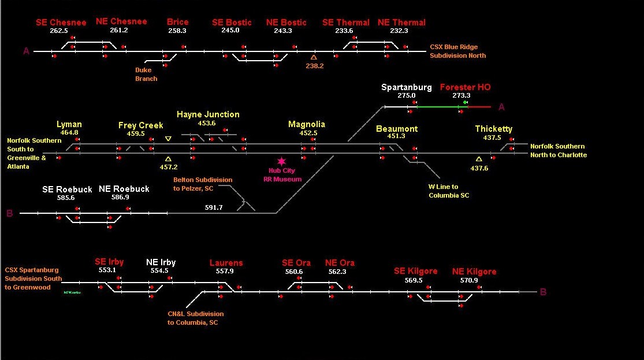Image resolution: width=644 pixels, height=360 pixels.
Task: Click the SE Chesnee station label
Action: [61, 23]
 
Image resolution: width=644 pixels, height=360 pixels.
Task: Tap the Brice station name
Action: [177, 22]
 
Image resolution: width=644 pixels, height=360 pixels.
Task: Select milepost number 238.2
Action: [314, 66]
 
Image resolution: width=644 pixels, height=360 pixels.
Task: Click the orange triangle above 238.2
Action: [314, 57]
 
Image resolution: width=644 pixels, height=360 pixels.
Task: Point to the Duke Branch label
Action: [146, 74]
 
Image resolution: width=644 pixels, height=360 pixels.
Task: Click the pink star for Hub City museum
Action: [281, 161]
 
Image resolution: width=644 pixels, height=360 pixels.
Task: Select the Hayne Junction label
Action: [208, 114]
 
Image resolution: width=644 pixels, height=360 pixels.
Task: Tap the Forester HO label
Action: [465, 87]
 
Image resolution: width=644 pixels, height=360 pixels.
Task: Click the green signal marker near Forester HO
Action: [466, 102]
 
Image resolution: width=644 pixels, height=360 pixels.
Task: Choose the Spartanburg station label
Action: [406, 87]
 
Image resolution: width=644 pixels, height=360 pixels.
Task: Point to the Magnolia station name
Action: [307, 124]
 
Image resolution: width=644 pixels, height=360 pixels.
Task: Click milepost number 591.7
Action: [214, 207]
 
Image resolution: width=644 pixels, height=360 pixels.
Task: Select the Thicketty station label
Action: [493, 129]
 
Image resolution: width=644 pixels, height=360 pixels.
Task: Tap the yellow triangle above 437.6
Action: [479, 159]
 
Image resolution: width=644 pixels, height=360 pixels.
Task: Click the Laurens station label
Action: [226, 263]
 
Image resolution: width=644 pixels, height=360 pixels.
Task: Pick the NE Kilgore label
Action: [474, 272]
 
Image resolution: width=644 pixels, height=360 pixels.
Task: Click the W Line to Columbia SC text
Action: [449, 191]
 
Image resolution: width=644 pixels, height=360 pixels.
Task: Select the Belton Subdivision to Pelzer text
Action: [202, 184]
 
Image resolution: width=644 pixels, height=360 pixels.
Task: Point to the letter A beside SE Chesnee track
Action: [26, 51]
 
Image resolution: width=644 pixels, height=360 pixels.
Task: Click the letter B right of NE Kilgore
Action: [543, 292]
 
